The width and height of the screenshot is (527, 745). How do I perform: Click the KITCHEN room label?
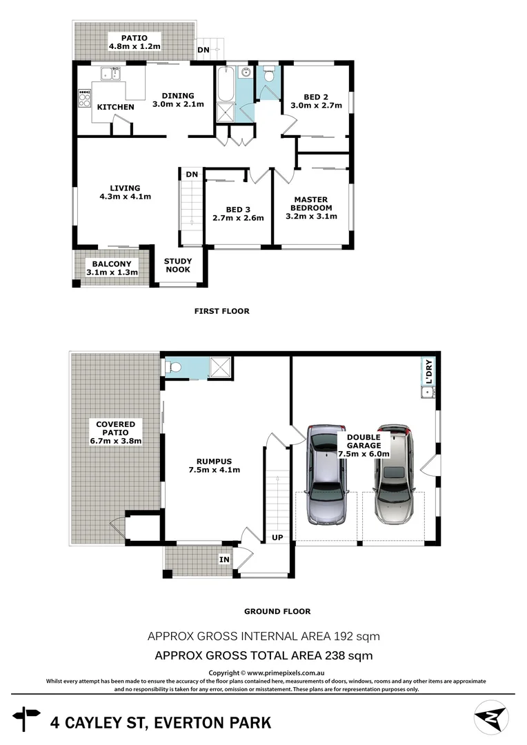[115, 107]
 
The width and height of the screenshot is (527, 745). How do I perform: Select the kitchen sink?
[109, 73]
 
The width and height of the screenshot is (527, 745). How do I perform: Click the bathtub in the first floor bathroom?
[225, 84]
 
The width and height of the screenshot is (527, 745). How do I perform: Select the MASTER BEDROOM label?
[311, 203]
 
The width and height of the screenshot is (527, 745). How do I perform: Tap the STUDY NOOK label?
[178, 266]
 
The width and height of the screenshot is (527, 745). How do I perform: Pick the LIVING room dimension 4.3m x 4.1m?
[125, 197]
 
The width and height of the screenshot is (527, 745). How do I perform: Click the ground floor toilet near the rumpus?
[174, 368]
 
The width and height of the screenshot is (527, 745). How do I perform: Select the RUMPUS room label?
[213, 461]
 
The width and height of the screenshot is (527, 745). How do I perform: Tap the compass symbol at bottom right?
[491, 717]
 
